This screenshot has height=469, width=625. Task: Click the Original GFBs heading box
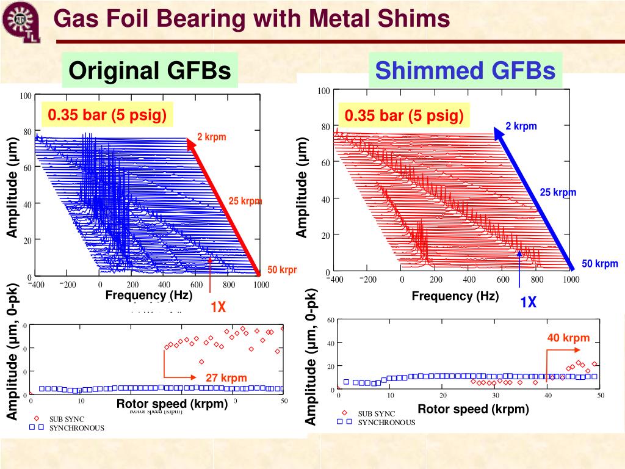[150, 71]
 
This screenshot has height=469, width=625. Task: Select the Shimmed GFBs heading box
[465, 71]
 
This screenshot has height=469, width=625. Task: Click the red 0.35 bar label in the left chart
[107, 115]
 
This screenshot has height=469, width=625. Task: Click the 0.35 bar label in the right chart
[404, 116]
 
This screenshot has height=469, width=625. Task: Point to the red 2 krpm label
[211, 137]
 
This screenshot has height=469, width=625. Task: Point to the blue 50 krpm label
[599, 264]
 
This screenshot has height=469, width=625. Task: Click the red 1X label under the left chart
[219, 307]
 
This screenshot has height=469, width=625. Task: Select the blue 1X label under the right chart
[528, 302]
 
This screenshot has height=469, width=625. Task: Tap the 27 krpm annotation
[226, 378]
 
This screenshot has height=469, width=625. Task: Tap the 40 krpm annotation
[568, 338]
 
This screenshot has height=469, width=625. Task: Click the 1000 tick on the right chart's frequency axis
[571, 280]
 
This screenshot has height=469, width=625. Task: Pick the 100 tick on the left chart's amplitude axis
[26, 96]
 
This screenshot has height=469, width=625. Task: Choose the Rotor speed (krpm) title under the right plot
[473, 409]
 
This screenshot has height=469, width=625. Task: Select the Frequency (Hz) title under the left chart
[149, 296]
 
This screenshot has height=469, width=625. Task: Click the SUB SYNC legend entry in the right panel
[376, 413]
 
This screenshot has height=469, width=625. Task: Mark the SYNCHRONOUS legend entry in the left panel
[76, 427]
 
